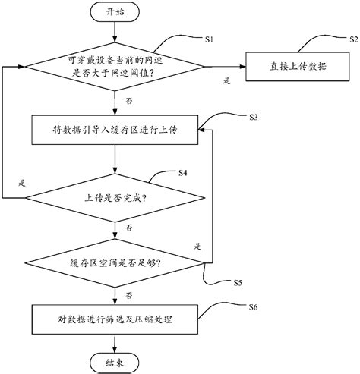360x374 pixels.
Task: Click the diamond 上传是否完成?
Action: (x=114, y=198)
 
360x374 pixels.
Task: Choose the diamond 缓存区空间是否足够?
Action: (x=114, y=262)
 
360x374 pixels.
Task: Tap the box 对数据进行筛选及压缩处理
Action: (x=114, y=319)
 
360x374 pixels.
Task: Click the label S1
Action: (x=210, y=38)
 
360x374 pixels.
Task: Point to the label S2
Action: (x=352, y=38)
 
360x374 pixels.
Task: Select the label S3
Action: (x=254, y=117)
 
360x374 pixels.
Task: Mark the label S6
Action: (x=254, y=306)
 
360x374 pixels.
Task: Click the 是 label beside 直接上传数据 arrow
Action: (x=226, y=79)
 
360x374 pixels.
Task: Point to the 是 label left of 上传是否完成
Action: (x=21, y=184)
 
